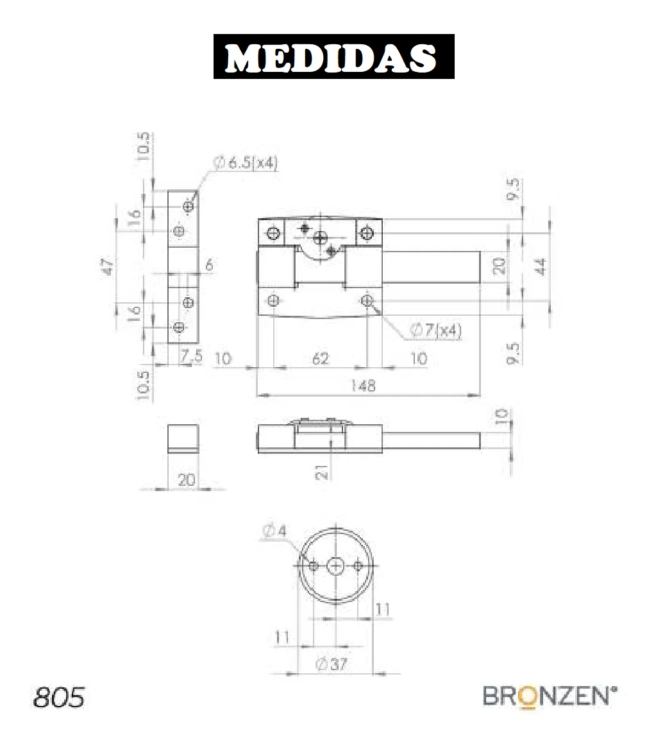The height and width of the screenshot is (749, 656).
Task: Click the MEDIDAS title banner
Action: click(x=333, y=56)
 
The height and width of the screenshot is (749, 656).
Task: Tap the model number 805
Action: click(x=59, y=697)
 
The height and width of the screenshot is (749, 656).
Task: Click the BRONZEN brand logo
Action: click(x=550, y=697)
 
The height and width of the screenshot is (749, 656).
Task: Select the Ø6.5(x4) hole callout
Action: click(x=245, y=162)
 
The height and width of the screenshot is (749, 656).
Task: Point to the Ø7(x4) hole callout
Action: click(x=435, y=330)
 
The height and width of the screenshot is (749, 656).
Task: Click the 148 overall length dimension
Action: click(x=363, y=386)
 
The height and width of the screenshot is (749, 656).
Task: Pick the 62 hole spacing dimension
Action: click(x=321, y=358)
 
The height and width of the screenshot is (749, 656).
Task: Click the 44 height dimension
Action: click(x=540, y=266)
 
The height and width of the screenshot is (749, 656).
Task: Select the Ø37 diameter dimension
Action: click(x=331, y=664)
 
